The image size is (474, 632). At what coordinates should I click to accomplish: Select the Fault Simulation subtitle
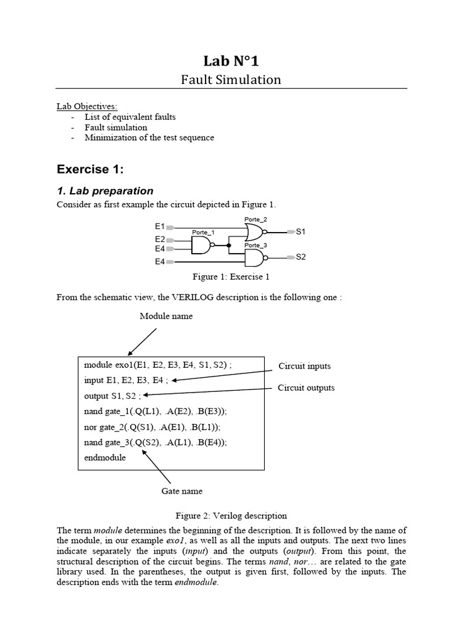[231, 80]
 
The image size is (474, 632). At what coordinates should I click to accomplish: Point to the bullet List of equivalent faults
[130, 117]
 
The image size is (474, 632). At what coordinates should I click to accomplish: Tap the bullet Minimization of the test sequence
[149, 138]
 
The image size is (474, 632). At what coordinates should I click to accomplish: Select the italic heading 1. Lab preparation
[105, 191]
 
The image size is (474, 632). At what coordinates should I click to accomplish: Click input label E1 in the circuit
[160, 227]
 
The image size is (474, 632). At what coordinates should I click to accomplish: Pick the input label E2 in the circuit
[160, 239]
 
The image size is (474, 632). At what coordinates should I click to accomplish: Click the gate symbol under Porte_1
[201, 246]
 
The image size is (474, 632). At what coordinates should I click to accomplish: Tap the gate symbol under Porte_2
[255, 232]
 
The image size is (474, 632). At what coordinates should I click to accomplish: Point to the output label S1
[301, 232]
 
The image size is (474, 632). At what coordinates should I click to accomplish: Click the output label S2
[301, 257]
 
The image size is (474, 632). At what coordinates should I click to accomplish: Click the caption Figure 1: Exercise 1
[231, 277]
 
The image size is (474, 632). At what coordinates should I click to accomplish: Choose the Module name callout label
[166, 316]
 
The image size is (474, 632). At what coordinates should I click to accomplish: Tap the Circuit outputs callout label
[306, 388]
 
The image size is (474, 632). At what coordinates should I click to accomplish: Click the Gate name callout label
[181, 491]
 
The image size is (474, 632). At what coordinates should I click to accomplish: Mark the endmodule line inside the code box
[105, 458]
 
